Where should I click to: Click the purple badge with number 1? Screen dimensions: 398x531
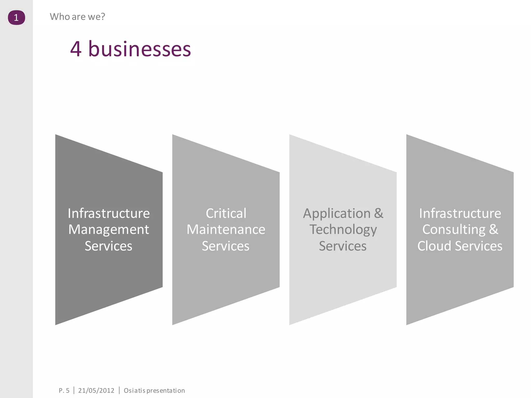tap(16, 18)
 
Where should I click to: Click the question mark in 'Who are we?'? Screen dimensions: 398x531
tap(103, 17)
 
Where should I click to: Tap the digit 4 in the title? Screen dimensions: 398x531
tap(76, 49)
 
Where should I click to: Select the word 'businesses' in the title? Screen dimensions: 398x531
tap(139, 49)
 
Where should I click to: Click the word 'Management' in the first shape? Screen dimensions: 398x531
tap(109, 230)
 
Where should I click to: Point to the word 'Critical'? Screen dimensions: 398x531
tap(226, 214)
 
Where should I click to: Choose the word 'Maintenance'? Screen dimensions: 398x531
tap(226, 230)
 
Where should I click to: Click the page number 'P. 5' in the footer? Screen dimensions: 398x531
tap(64, 390)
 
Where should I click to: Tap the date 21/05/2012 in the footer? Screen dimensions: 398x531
tap(96, 390)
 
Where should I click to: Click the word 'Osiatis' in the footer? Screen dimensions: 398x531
tap(135, 390)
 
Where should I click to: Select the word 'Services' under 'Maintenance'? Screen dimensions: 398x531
tap(226, 246)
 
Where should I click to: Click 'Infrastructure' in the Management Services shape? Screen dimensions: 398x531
tap(109, 214)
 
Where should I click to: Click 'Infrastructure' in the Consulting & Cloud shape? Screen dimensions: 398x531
tap(460, 214)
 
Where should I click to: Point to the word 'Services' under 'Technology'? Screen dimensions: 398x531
tap(343, 246)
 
